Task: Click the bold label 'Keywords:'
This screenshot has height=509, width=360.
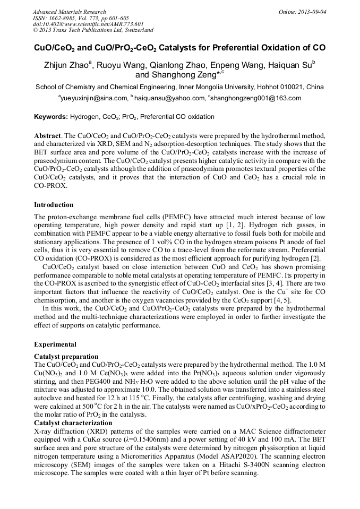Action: tap(51, 117)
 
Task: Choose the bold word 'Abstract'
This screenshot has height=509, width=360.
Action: tap(47, 136)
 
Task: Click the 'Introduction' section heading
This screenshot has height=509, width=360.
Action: tap(54, 204)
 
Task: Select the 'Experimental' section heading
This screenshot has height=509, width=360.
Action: tap(55, 344)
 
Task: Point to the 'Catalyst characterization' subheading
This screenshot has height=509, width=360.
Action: tap(73, 422)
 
